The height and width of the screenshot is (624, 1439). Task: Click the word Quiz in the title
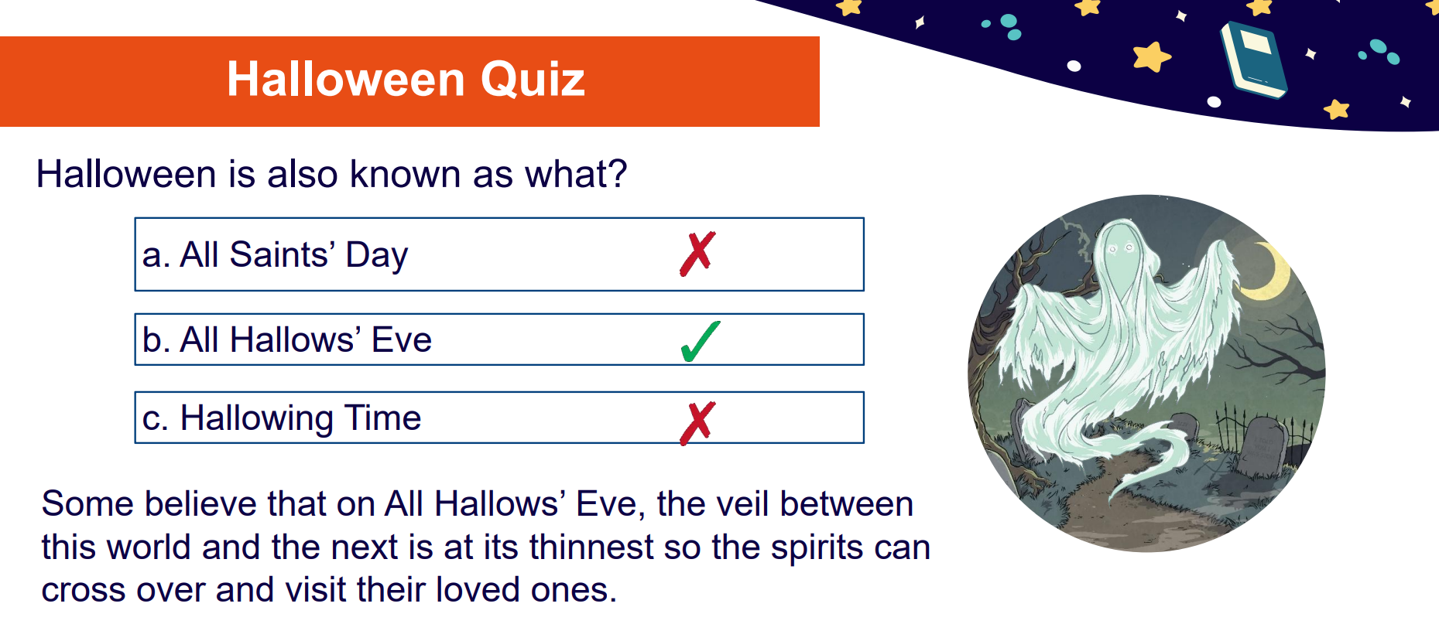point(533,80)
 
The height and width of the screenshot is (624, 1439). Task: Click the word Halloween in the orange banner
point(346,79)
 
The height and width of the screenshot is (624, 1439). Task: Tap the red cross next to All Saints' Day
point(697,254)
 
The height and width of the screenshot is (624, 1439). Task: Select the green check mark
point(701,341)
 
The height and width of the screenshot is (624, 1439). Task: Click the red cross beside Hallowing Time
point(697,423)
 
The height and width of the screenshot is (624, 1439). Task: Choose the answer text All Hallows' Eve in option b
point(306,339)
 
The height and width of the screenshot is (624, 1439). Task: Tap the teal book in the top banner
point(1253,60)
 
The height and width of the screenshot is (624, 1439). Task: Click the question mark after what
point(618,174)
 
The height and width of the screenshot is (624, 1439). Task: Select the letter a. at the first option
point(156,256)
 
